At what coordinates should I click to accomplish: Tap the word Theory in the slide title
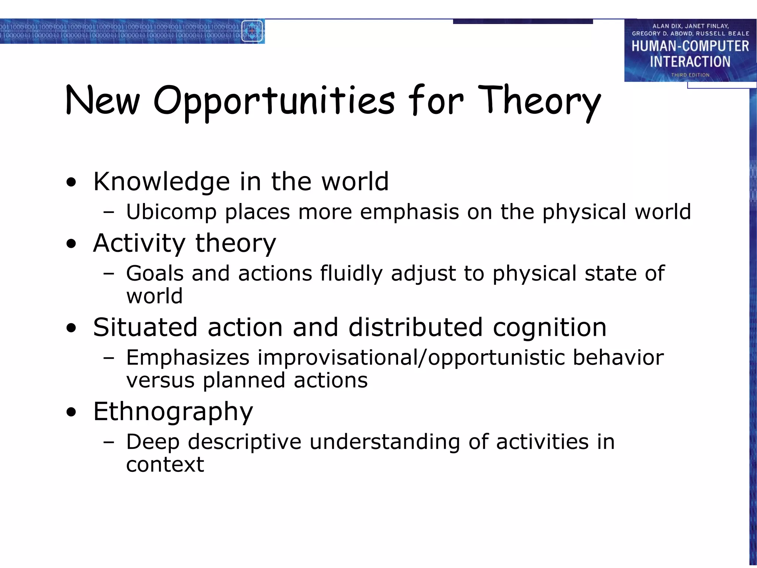coord(539,101)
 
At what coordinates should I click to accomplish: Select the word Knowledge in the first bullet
coord(162,182)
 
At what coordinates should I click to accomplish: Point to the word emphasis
coord(409,212)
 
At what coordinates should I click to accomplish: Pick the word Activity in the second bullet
coord(139,244)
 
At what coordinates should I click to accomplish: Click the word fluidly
coord(351,274)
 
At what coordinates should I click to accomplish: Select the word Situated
coord(145,328)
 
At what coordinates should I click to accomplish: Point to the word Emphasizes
coord(188,358)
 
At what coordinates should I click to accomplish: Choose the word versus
coord(160,381)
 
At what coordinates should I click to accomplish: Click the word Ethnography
coord(173,412)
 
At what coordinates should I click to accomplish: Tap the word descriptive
coord(244,442)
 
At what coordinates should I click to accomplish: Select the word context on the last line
coord(165,465)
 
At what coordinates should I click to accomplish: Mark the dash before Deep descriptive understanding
coord(109,442)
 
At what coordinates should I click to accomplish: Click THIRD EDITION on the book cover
coord(690,75)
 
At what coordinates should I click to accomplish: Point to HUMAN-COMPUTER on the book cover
coord(690,46)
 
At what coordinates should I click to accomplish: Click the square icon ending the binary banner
coord(252,31)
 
